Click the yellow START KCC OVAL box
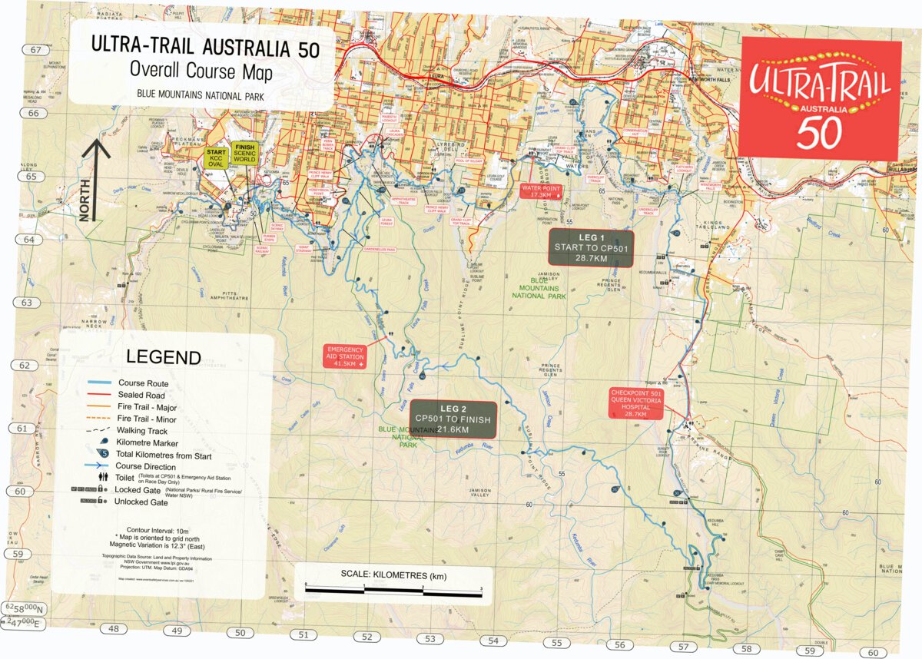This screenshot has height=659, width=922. [x=216, y=156]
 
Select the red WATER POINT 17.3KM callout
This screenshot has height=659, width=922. [x=541, y=191]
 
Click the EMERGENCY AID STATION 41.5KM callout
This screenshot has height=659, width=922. [x=345, y=356]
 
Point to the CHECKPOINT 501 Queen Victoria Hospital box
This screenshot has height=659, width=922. [x=635, y=403]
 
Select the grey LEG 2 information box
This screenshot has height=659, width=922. [x=453, y=419]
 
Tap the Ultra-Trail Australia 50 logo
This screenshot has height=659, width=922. [x=821, y=96]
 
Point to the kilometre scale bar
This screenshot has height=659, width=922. [x=394, y=588]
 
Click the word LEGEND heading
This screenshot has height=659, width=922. [x=163, y=357]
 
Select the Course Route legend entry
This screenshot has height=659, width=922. [x=143, y=382]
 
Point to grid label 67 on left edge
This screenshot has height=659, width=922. [x=35, y=50]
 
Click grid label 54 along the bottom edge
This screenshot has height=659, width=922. [x=493, y=641]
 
